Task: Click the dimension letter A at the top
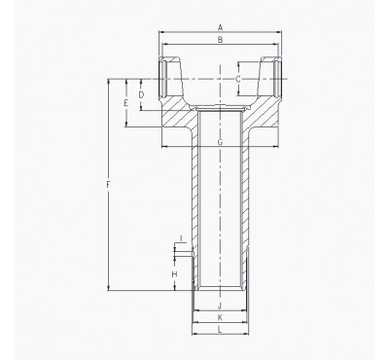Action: point(221,26)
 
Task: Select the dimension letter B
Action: point(221,40)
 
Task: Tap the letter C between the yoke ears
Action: point(239,76)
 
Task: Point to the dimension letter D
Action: point(142,94)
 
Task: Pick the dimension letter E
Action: point(125,101)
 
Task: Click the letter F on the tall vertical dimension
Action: point(108,184)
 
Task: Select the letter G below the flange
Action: point(221,143)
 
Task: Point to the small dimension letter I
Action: point(181,238)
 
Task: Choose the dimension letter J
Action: point(221,306)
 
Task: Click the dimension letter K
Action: point(221,318)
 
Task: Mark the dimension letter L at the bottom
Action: point(221,331)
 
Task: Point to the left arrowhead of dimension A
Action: point(161,32)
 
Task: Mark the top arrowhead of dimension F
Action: point(108,80)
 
